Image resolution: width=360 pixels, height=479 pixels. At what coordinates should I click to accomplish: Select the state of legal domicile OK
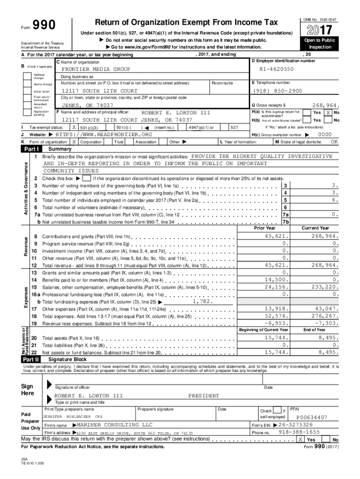(x=334, y=141)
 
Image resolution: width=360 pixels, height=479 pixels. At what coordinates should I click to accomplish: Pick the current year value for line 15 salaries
(x=324, y=287)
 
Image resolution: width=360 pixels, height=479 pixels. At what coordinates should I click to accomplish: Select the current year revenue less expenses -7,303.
(x=326, y=323)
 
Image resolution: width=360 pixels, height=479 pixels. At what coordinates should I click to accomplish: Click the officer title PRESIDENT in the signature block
(x=203, y=396)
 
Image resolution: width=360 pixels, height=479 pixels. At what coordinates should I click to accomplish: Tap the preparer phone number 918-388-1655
(x=299, y=432)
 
